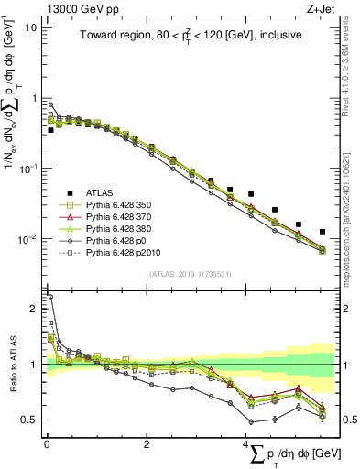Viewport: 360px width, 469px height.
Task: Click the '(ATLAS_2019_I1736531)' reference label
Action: click(191, 274)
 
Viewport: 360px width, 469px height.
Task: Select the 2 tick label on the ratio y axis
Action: click(33, 309)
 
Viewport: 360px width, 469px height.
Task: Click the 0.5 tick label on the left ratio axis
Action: click(29, 420)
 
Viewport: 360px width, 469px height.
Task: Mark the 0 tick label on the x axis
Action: click(47, 444)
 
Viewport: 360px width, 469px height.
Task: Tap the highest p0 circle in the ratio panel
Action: click(50, 297)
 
